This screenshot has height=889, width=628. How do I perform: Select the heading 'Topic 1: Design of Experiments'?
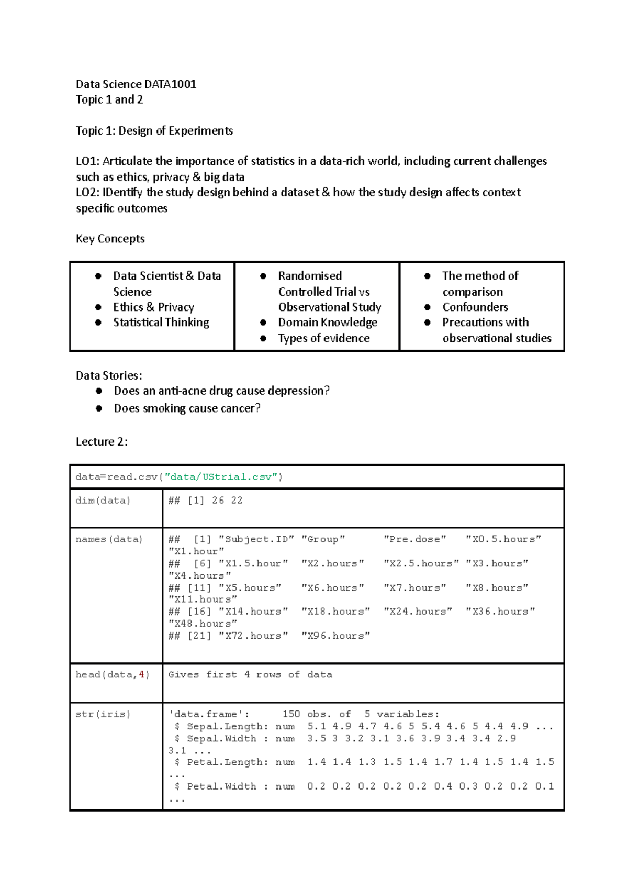click(154, 131)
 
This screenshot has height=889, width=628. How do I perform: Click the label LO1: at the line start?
click(87, 161)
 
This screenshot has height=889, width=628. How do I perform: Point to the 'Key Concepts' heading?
click(110, 239)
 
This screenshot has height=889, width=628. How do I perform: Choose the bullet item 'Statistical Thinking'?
click(161, 323)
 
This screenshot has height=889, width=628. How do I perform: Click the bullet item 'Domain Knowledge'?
click(328, 323)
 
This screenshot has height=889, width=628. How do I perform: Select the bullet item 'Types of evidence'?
click(323, 338)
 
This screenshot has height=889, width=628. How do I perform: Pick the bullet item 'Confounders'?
click(475, 307)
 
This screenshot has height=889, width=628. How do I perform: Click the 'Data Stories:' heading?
click(109, 375)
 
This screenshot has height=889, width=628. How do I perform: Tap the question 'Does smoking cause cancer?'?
click(187, 408)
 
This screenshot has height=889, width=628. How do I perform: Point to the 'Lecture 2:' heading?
click(102, 442)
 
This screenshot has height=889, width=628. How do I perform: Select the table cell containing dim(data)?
click(103, 501)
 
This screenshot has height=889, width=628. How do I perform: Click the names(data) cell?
click(109, 539)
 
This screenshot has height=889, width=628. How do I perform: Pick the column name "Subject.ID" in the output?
click(256, 539)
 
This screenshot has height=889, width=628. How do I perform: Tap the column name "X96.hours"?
click(335, 636)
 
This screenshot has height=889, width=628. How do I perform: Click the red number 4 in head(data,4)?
click(141, 675)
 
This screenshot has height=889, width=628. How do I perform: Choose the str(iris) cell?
click(103, 714)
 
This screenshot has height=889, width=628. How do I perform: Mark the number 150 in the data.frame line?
click(291, 714)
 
